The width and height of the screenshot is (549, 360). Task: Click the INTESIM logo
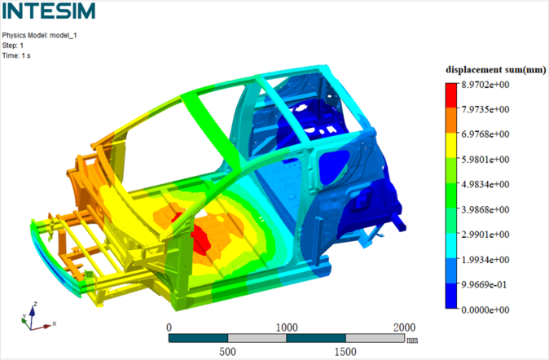[x=49, y=11]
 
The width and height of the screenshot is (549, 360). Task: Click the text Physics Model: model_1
[x=40, y=35]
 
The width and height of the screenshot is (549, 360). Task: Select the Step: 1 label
[x=13, y=46]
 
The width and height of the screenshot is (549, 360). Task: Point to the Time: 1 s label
[x=16, y=55]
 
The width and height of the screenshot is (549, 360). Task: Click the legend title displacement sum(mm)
[x=496, y=70]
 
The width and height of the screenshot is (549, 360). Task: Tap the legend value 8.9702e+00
[x=485, y=85]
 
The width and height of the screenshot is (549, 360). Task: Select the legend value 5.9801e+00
[x=485, y=160]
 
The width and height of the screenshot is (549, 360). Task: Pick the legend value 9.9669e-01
[x=484, y=284]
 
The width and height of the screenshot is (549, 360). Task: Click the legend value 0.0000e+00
[x=485, y=310]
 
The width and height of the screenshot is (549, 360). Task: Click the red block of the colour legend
[x=451, y=95]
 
